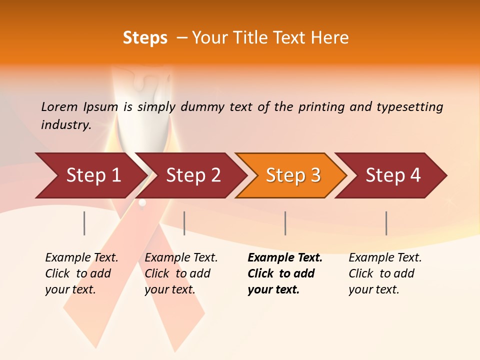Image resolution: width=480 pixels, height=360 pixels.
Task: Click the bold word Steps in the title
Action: click(x=145, y=38)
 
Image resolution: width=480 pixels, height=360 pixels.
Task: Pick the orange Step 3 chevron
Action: click(x=293, y=175)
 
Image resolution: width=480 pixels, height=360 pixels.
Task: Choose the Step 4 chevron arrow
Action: click(x=393, y=175)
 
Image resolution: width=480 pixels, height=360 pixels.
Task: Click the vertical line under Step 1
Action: click(x=84, y=223)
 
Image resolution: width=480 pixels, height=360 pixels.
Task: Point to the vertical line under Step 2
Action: click(x=184, y=223)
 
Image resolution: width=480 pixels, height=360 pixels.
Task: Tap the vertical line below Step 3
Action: click(x=285, y=223)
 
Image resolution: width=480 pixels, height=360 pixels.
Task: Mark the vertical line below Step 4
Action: click(x=386, y=223)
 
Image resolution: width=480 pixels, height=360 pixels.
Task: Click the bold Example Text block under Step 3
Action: click(x=285, y=273)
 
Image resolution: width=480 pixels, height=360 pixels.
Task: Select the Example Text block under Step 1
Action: click(x=81, y=273)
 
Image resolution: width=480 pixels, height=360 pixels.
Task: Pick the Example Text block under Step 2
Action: click(x=181, y=273)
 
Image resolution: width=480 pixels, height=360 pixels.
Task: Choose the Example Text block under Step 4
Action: click(x=385, y=273)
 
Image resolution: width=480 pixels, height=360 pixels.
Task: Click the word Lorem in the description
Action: click(x=59, y=106)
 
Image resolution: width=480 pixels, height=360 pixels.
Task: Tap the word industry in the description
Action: click(x=66, y=124)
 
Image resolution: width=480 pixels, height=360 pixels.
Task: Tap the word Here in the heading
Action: click(x=330, y=38)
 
